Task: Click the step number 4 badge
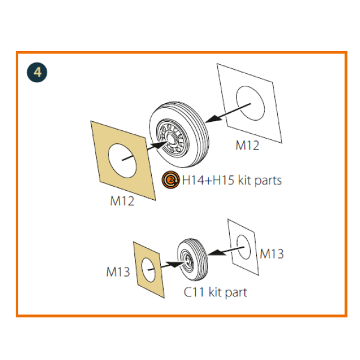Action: click(x=37, y=73)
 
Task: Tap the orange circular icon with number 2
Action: click(x=170, y=180)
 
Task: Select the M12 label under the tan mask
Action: click(x=122, y=201)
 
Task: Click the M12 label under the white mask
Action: click(x=247, y=145)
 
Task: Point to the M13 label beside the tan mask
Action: click(x=118, y=272)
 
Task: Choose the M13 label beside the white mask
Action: click(x=272, y=254)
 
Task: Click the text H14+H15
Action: click(x=208, y=180)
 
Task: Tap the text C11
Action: click(x=194, y=292)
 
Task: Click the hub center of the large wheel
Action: click(x=170, y=139)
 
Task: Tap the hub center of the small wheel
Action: click(x=188, y=260)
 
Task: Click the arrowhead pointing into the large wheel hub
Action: click(x=161, y=145)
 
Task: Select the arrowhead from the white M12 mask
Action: click(x=213, y=119)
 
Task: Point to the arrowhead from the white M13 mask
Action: click(x=217, y=253)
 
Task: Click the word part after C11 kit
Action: click(x=236, y=293)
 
